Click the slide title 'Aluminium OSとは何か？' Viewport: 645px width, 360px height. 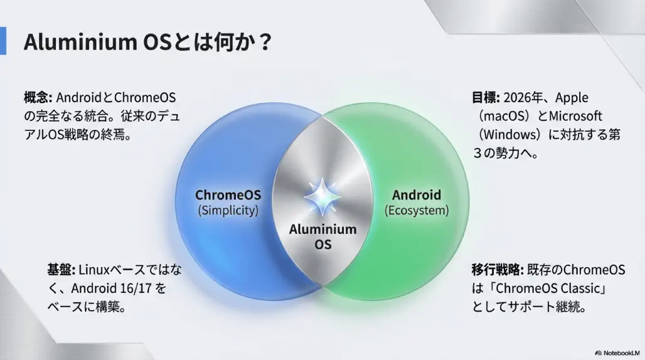click(148, 43)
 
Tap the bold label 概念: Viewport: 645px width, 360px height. click(38, 98)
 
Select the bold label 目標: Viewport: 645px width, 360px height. click(486, 98)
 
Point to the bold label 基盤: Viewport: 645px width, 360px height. click(61, 270)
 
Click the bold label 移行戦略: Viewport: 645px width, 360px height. click(498, 270)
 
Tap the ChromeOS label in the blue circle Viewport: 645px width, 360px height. click(228, 195)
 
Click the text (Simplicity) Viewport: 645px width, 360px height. click(228, 211)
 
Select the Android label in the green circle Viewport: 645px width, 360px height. click(416, 195)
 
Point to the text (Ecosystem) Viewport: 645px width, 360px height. click(417, 211)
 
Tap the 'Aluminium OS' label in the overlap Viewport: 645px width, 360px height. click(322, 236)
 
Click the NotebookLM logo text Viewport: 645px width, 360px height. click(621, 352)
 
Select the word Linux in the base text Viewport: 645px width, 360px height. click(94, 270)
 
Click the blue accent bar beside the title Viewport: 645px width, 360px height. click(3, 41)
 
